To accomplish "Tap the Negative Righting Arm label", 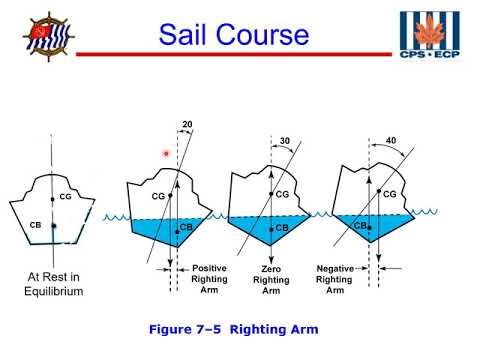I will tap(338, 278).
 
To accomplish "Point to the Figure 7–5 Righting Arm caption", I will tap(240, 328).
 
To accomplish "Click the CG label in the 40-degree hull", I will tap(390, 193).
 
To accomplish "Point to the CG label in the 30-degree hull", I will tap(282, 194).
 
